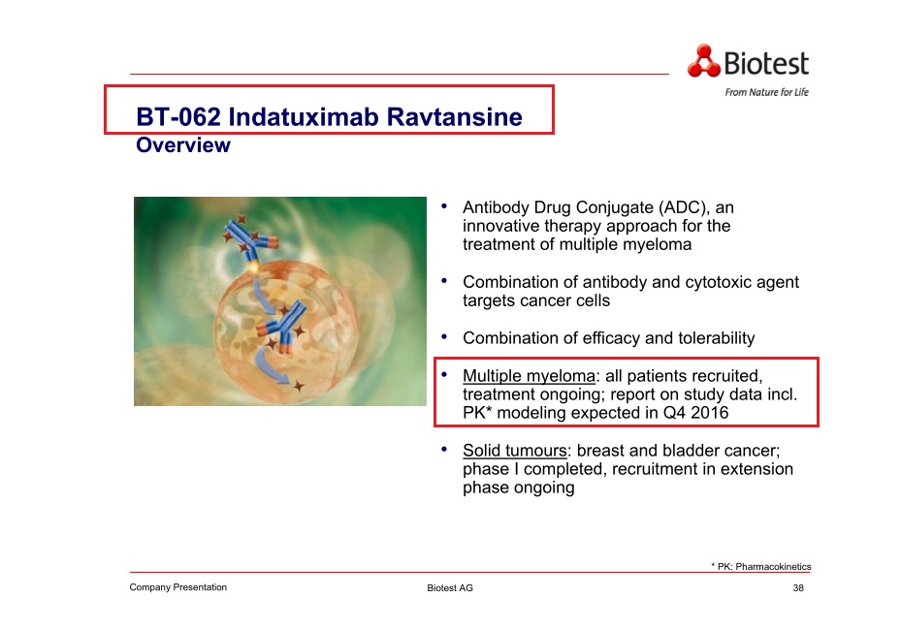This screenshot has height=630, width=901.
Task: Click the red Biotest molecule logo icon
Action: click(x=703, y=61)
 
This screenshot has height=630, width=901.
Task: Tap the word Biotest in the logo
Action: click(x=766, y=63)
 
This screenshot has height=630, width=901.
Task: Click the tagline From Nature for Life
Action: click(x=766, y=92)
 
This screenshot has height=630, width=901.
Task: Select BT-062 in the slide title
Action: click(x=178, y=116)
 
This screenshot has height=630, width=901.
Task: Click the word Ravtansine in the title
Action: click(x=455, y=116)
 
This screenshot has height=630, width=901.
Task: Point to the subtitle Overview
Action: click(x=183, y=144)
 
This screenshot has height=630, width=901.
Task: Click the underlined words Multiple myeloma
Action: click(x=530, y=376)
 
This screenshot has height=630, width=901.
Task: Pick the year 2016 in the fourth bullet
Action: click(x=710, y=412)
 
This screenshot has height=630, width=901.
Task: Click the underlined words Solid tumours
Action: click(x=515, y=450)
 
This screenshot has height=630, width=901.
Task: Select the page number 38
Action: click(x=798, y=587)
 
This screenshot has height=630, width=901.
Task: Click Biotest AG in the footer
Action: click(x=450, y=587)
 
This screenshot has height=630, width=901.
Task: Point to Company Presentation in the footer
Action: click(x=178, y=587)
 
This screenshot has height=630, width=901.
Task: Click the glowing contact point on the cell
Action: click(x=252, y=268)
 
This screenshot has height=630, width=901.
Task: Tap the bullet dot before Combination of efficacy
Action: click(x=444, y=336)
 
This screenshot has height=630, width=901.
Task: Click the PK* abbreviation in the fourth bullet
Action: click(x=477, y=412)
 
